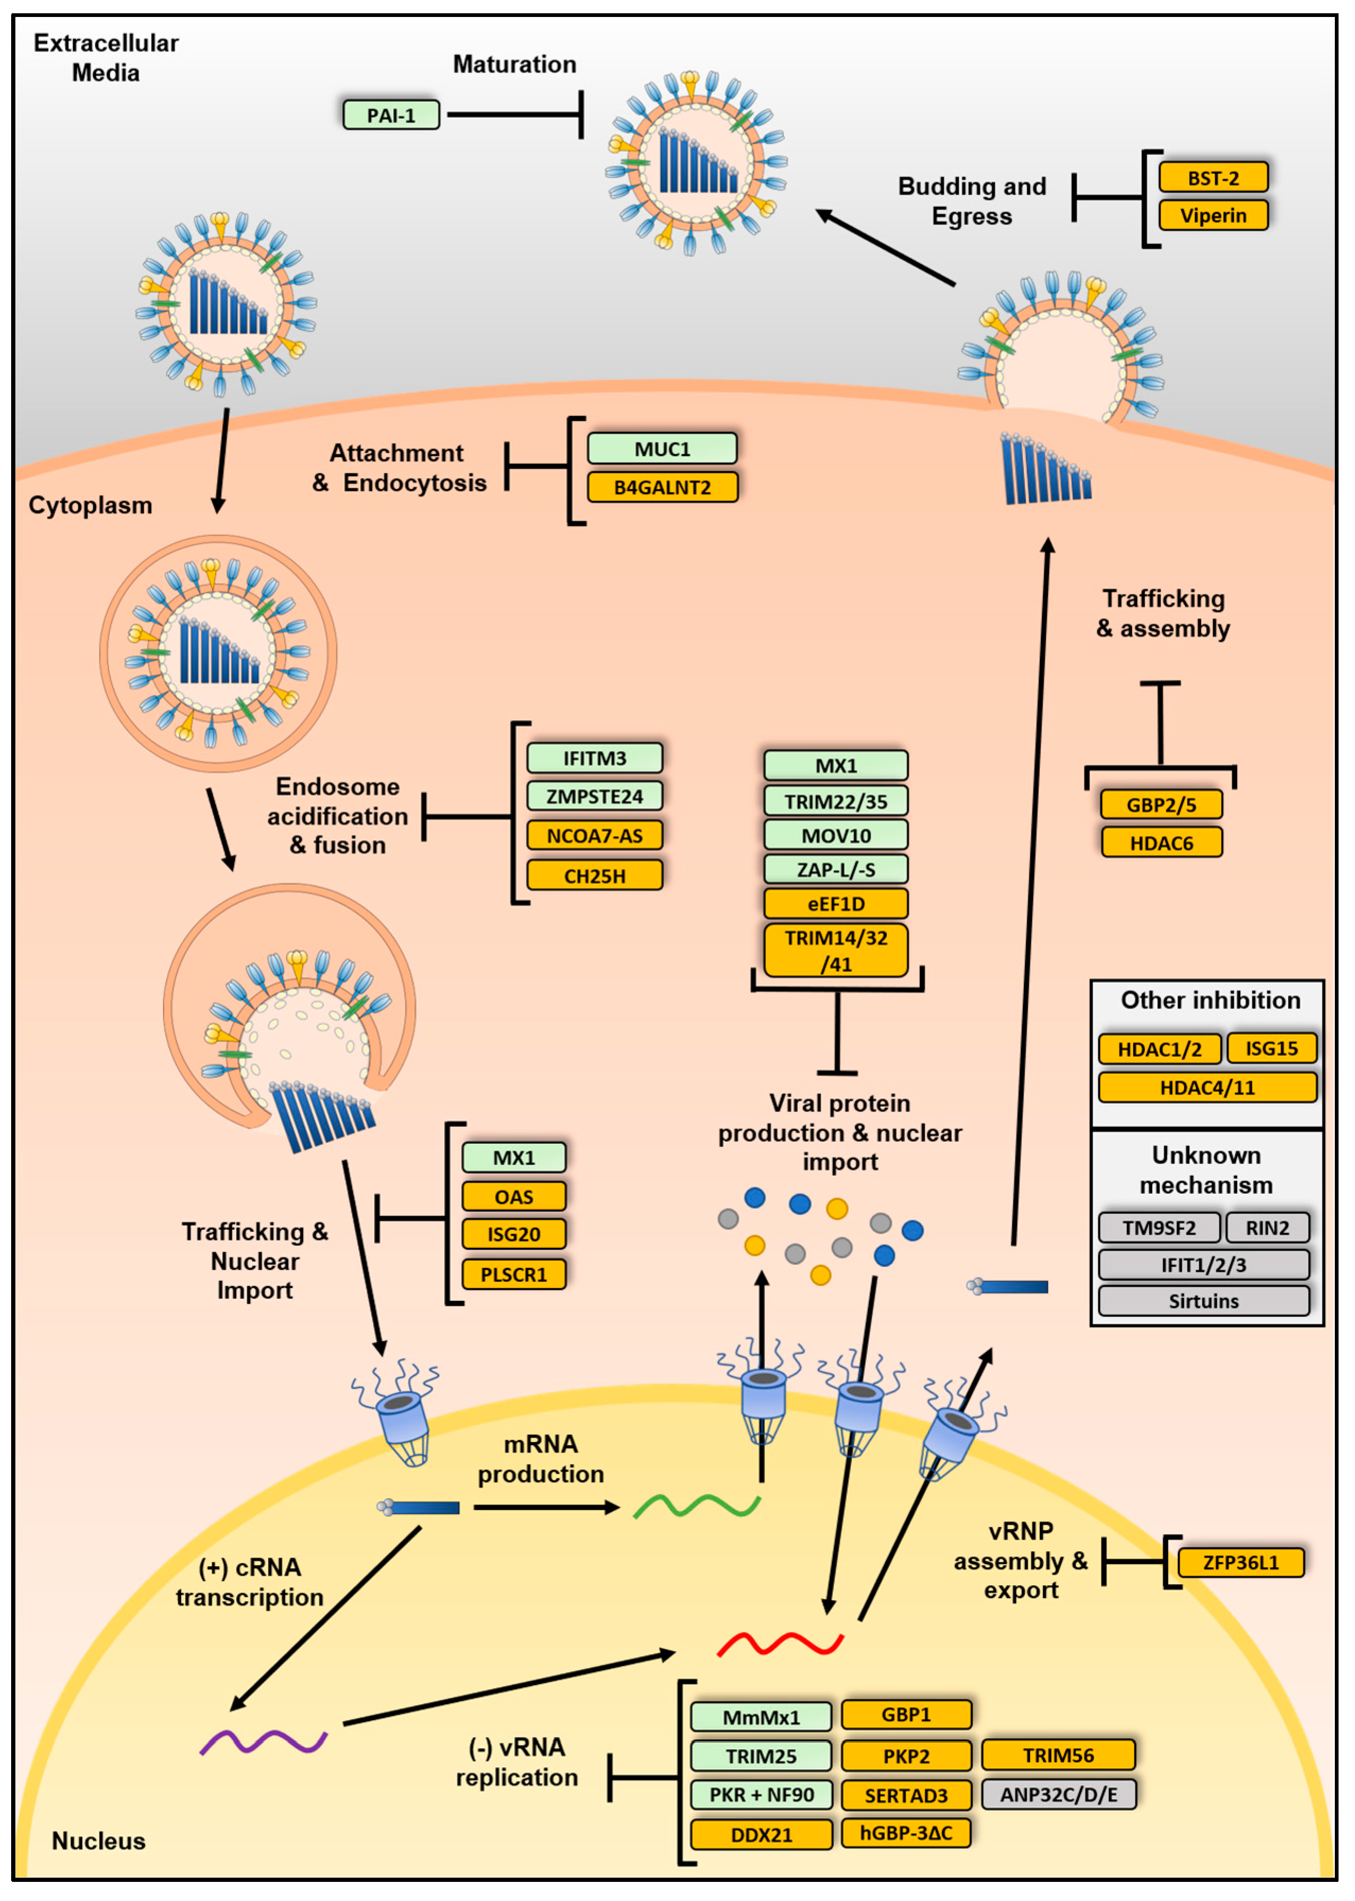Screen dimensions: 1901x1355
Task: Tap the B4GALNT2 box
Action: pyautogui.click(x=663, y=487)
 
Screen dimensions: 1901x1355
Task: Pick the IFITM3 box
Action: pyautogui.click(x=594, y=758)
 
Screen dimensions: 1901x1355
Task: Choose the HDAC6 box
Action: pyautogui.click(x=1161, y=843)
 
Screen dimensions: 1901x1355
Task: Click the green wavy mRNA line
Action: pyautogui.click(x=697, y=1506)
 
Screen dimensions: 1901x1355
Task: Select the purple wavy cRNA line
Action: pyautogui.click(x=263, y=1742)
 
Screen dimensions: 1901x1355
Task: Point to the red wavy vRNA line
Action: pyautogui.click(x=780, y=1644)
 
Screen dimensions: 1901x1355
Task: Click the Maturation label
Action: pyautogui.click(x=514, y=64)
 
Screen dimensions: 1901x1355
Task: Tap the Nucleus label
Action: pyautogui.click(x=99, y=1841)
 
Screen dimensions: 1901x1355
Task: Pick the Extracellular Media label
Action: pyautogui.click(x=106, y=57)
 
